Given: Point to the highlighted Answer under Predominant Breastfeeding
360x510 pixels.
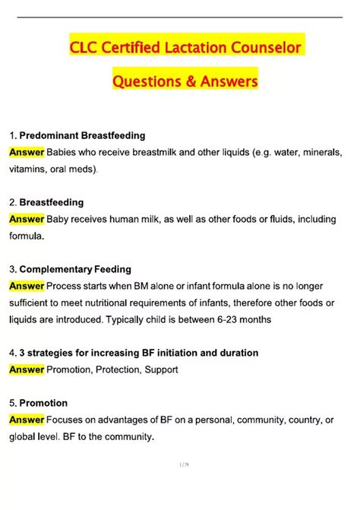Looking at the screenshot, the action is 27,152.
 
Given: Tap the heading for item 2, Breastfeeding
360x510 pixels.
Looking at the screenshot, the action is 51,202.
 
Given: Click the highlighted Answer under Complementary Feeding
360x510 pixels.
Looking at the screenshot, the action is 27,286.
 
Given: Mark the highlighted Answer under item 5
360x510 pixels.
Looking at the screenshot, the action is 27,420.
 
